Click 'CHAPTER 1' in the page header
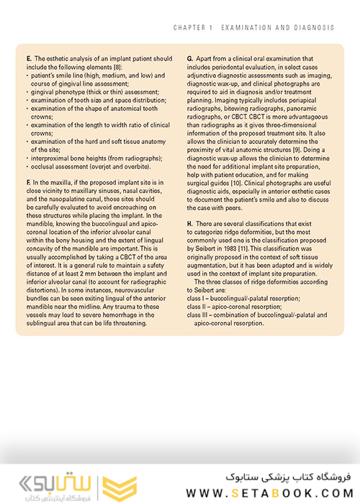(x=192, y=27)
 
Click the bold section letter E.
(x=27, y=57)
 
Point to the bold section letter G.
(x=189, y=57)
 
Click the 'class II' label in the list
(x=197, y=306)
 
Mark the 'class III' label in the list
(x=198, y=315)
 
